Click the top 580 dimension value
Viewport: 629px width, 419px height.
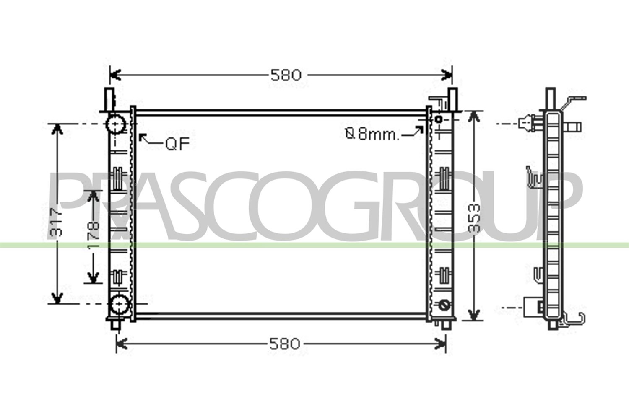coord(286,75)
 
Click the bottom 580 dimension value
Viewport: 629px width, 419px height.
coord(284,344)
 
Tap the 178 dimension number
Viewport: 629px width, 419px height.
coord(94,234)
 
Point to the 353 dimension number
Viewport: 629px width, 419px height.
coord(474,218)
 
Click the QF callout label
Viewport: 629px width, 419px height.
coord(177,144)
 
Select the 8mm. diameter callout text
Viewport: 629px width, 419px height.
coord(372,134)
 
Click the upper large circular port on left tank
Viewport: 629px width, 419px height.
coord(115,124)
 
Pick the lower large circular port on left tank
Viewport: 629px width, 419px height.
coord(120,304)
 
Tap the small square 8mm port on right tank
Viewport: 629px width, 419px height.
coord(439,119)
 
